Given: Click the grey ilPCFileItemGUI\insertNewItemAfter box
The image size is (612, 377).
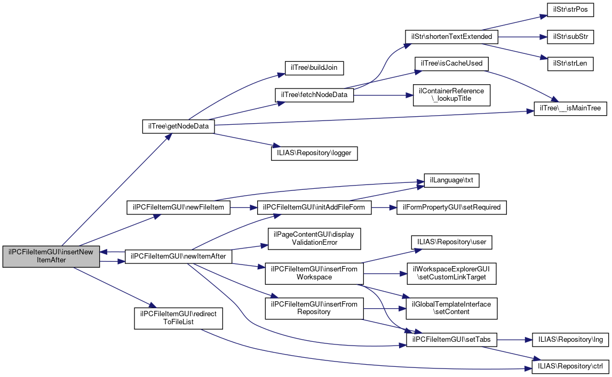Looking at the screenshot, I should click(51, 256).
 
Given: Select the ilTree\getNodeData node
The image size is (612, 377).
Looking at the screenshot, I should click(178, 126).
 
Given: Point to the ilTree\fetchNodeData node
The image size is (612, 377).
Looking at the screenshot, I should click(314, 95).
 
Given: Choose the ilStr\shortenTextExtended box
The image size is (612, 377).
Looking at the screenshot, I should click(451, 37).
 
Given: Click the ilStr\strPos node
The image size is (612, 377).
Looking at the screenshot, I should click(570, 11).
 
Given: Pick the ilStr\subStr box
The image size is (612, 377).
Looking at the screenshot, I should click(570, 37).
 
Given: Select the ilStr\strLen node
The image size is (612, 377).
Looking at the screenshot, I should click(570, 63).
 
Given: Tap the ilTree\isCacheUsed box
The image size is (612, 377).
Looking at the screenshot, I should click(451, 63).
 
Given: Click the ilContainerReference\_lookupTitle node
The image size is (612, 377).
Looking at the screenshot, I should click(451, 95).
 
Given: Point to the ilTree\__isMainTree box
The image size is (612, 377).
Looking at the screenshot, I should click(570, 108).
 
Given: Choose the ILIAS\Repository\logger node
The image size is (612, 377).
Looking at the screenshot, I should click(314, 153).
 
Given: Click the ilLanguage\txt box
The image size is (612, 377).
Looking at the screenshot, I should click(451, 181).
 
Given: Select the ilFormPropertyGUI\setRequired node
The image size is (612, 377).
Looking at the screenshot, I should click(451, 207).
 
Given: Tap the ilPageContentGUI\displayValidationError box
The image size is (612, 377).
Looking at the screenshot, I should click(314, 238).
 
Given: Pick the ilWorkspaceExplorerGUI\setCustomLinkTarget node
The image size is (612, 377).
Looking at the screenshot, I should click(451, 273).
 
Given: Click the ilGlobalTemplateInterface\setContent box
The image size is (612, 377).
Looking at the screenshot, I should click(451, 308).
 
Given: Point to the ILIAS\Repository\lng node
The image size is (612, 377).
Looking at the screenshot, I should click(570, 339).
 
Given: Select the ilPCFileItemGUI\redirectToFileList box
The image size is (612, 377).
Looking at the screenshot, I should click(178, 318).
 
